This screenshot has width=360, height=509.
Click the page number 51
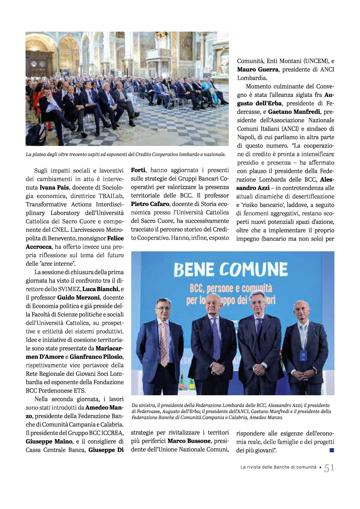pyautogui.click(x=329, y=468)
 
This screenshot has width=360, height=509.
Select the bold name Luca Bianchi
pyautogui.click(x=100, y=289)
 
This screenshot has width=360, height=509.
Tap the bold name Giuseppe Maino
pyautogui.click(x=49, y=442)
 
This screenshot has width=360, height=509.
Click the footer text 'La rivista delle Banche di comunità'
pyautogui.click(x=278, y=467)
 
